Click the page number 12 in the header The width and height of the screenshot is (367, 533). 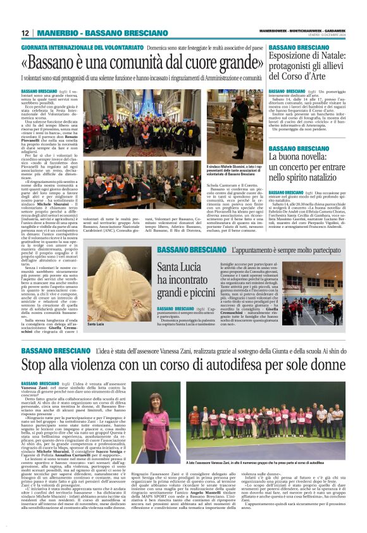coord(25,33)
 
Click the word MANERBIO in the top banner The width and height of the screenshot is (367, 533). coord(56,33)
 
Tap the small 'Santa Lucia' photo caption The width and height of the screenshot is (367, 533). coord(96,324)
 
